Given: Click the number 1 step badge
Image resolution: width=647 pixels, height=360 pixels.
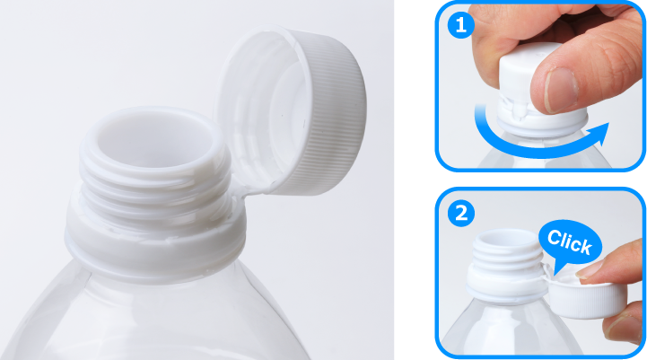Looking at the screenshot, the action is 460,25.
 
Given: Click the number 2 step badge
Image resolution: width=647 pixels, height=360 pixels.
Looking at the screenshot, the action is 460,214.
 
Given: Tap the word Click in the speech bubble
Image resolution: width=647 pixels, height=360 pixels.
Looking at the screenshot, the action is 570,241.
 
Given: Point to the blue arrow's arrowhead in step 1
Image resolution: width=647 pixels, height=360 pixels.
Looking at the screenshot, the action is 598,134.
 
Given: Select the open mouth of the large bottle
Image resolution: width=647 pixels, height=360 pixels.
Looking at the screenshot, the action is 153,139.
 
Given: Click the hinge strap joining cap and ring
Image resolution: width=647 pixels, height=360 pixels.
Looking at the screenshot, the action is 248,190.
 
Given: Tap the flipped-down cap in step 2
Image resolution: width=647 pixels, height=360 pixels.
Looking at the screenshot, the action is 587,298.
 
